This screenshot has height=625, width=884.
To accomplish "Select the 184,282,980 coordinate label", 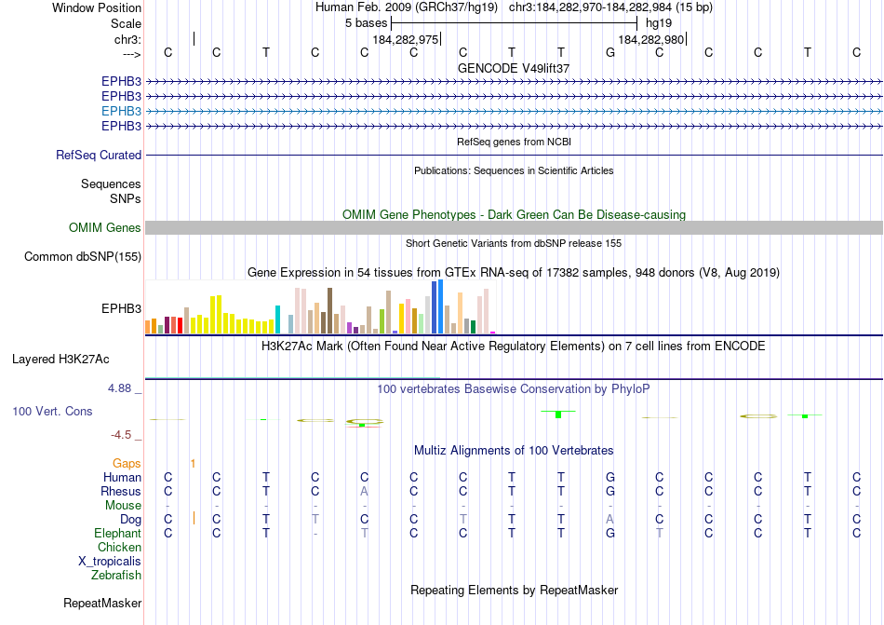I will pyautogui.click(x=650, y=39).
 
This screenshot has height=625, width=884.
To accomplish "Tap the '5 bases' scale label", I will pyautogui.click(x=366, y=22).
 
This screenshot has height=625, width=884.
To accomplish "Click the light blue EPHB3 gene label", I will pyautogui.click(x=121, y=111).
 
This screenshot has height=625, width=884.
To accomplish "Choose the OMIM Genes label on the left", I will pyautogui.click(x=105, y=228).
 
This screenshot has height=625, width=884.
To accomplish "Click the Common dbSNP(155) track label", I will pyautogui.click(x=83, y=257).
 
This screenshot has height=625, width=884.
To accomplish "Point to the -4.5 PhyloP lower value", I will pyautogui.click(x=125, y=435).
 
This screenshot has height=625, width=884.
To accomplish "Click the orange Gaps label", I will pyautogui.click(x=127, y=463).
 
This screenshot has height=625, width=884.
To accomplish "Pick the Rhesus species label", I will pyautogui.click(x=122, y=491).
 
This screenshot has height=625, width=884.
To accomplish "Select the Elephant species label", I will pyautogui.click(x=117, y=534).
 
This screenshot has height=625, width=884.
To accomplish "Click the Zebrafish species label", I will pyautogui.click(x=116, y=576).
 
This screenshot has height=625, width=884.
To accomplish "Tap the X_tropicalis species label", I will pyautogui.click(x=110, y=562).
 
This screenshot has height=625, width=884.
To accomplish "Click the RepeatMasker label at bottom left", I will pyautogui.click(x=101, y=604).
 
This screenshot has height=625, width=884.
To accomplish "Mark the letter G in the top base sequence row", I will pyautogui.click(x=610, y=52).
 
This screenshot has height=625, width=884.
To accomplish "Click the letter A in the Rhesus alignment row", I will pyautogui.click(x=365, y=491).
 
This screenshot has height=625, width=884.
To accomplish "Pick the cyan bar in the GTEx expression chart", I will pyautogui.click(x=277, y=319).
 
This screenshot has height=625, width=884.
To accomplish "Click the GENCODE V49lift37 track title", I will pyautogui.click(x=514, y=68).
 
